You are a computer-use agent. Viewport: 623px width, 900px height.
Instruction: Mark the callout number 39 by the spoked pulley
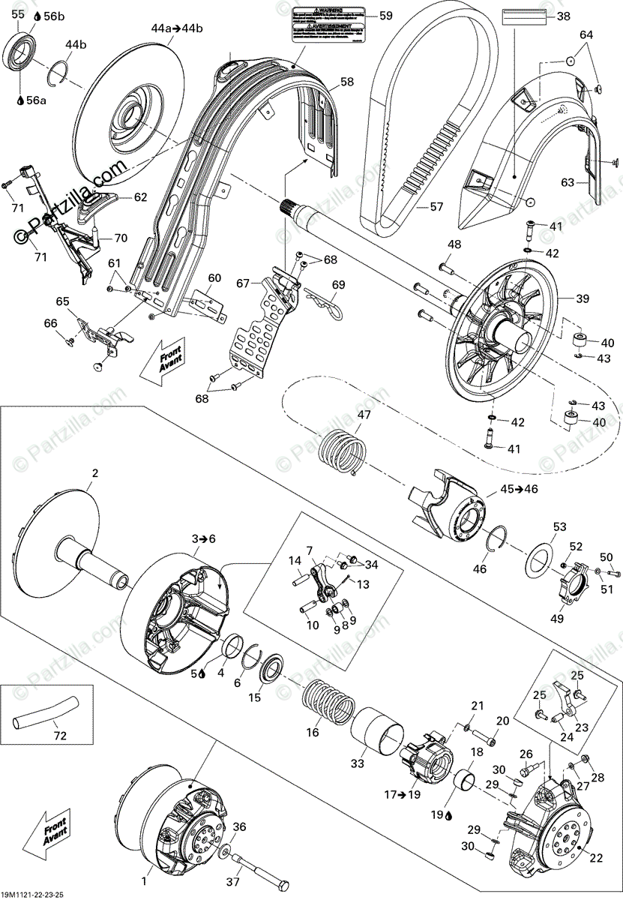coord(583,298)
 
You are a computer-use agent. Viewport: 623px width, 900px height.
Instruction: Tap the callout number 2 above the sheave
coord(95,473)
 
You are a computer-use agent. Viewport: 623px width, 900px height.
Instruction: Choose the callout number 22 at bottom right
coord(598,859)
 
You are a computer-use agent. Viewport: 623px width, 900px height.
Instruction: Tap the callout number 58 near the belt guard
coord(347,82)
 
